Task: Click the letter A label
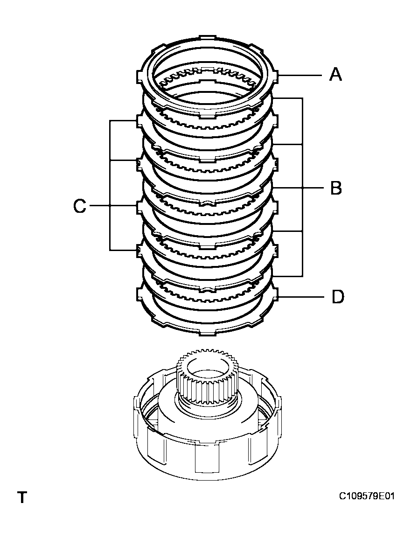[335, 74]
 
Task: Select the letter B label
[335, 188]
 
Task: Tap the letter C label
[80, 206]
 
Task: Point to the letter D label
[337, 297]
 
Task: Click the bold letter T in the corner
[21, 497]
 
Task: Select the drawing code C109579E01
[367, 496]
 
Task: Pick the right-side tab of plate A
[276, 75]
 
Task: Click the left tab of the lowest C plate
[139, 251]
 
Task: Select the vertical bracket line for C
[110, 187]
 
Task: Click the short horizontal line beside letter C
[98, 206]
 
